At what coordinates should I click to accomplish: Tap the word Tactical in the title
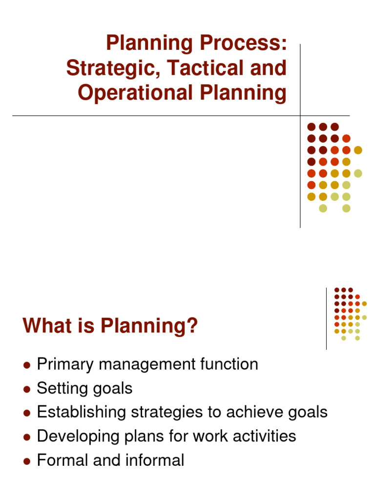[201, 68]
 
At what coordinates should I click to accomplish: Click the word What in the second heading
[45, 326]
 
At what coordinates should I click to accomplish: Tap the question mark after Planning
[193, 326]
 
